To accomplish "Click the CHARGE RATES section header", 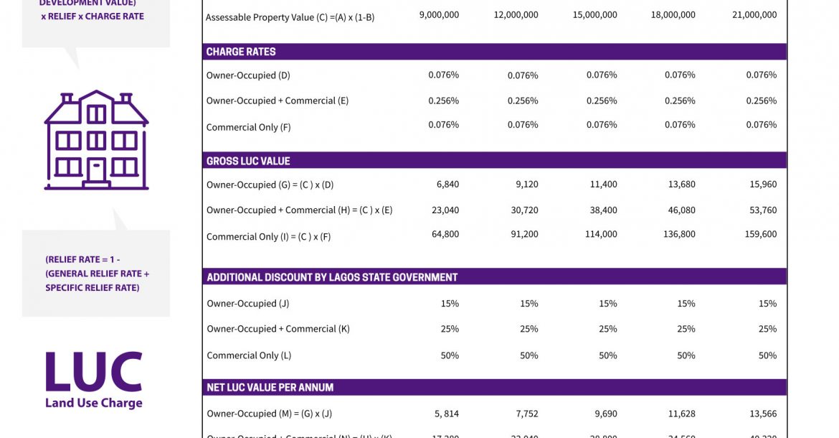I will pyautogui.click(x=241, y=52).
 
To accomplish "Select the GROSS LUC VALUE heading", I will pyautogui.click(x=248, y=161).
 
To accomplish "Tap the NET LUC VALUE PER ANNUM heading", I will pyautogui.click(x=270, y=387).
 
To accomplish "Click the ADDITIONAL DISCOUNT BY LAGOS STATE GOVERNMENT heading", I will pyautogui.click(x=332, y=277).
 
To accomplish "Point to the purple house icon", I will pyautogui.click(x=96, y=140).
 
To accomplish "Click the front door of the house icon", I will pyautogui.click(x=96, y=170).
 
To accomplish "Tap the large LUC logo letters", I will pyautogui.click(x=93, y=372).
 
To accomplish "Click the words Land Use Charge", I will pyautogui.click(x=93, y=403).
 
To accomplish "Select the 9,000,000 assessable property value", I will pyautogui.click(x=439, y=14).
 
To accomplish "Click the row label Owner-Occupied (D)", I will pyautogui.click(x=248, y=75).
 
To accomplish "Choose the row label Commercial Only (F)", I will pyautogui.click(x=248, y=127).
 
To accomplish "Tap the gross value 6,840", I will pyautogui.click(x=447, y=185).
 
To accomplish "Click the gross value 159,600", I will pyautogui.click(x=757, y=234).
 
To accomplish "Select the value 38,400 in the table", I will pyautogui.click(x=603, y=210).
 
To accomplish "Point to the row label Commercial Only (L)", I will pyautogui.click(x=249, y=355).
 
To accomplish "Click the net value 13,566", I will pyautogui.click(x=762, y=414).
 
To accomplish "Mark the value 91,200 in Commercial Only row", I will pyautogui.click(x=523, y=234).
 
